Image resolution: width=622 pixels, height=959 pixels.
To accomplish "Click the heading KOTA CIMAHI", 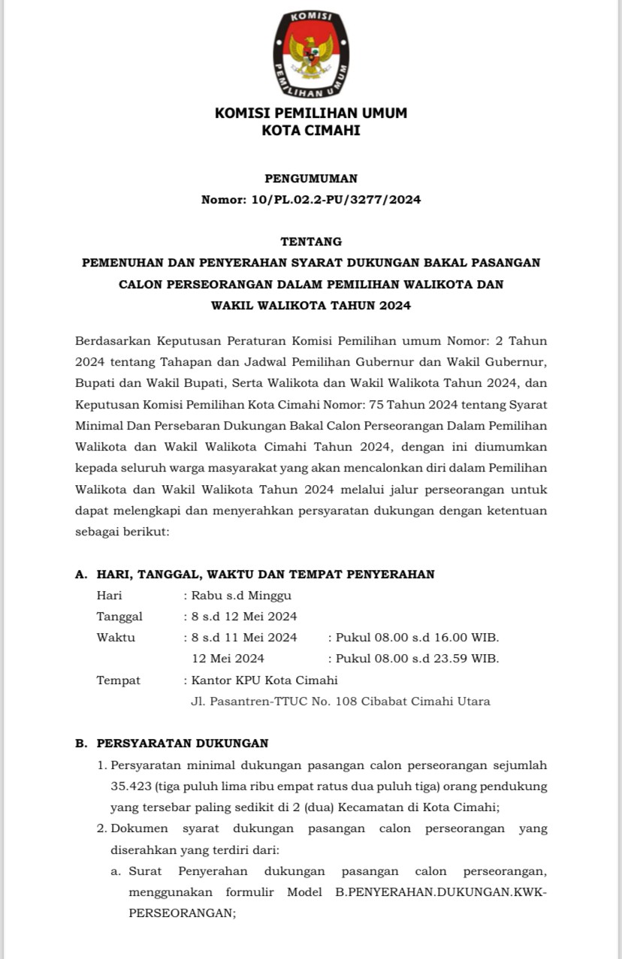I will [x=311, y=131].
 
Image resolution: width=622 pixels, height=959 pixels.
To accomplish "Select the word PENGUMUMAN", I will [x=311, y=179].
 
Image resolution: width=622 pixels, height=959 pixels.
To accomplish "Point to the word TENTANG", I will [x=311, y=242].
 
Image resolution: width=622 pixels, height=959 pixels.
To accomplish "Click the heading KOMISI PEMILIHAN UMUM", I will [x=311, y=113].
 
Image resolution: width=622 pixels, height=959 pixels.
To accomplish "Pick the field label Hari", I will [x=109, y=596].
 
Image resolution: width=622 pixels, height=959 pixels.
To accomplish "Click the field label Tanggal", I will [x=119, y=617].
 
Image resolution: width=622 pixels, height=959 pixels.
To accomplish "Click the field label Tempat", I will [x=118, y=680].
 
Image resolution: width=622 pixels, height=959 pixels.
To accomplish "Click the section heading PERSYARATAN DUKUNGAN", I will [x=183, y=743].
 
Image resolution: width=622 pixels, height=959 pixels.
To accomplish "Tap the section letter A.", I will [x=80, y=574].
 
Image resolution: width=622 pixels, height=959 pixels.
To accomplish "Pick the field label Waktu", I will [x=116, y=638].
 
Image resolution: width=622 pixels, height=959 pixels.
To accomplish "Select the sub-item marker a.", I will [x=116, y=871].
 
